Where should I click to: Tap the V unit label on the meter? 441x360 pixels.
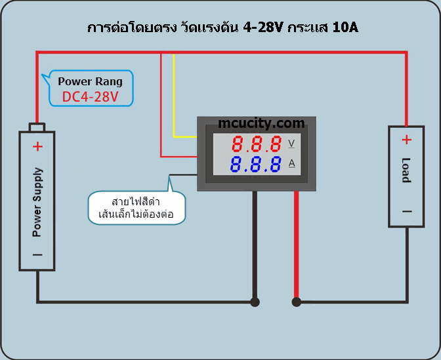point(291,144)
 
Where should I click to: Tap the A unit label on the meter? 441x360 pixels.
point(291,163)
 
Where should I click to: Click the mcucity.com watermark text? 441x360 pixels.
point(261,123)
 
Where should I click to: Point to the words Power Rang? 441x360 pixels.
point(90,81)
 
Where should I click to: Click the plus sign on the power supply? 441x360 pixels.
point(37,146)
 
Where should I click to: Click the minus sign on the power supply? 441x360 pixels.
point(37,254)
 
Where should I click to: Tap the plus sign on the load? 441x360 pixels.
point(407,140)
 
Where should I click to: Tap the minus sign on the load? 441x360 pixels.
point(407,211)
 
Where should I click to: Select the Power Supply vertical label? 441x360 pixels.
point(37,202)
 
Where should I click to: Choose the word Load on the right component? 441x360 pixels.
point(407,170)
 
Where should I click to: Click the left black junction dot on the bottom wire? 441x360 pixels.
point(255,302)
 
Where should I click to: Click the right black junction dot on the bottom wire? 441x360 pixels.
point(297,302)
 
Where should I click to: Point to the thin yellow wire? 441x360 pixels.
point(174,98)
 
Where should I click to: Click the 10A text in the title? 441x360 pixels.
point(344,28)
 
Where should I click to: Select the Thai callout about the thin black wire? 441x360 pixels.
point(136,207)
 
